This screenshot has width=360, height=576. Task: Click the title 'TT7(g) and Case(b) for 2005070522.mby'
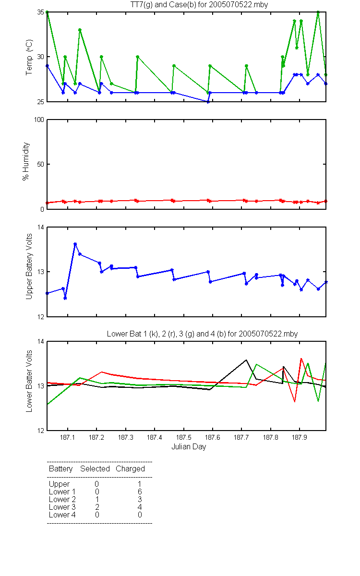tap(199, 4)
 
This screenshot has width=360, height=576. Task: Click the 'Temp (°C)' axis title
tap(29, 57)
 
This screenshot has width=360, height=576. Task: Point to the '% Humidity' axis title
tap(26, 161)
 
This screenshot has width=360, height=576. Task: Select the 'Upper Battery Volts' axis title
tap(29, 266)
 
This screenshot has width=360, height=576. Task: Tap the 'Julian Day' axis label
tap(189, 447)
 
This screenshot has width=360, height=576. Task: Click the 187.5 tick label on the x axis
tap(183, 437)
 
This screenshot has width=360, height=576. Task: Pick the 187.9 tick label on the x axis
tap(300, 437)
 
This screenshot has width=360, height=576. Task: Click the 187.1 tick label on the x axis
tap(68, 437)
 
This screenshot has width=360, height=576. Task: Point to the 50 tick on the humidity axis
tap(41, 164)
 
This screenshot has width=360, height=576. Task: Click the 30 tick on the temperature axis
tap(41, 57)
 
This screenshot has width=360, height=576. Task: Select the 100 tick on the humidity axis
tap(39, 120)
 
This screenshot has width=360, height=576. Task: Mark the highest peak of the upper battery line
tap(75, 244)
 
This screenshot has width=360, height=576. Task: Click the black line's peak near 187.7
tap(246, 360)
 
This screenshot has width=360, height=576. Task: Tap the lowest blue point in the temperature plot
tap(208, 102)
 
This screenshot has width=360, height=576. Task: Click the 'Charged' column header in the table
tap(130, 469)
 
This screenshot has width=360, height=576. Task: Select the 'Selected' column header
tap(95, 469)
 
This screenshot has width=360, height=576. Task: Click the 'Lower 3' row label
tap(62, 507)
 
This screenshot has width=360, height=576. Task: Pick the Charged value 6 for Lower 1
tap(140, 492)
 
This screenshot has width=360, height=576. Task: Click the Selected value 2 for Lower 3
tap(97, 507)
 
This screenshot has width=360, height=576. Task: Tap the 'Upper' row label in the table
tap(59, 484)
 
